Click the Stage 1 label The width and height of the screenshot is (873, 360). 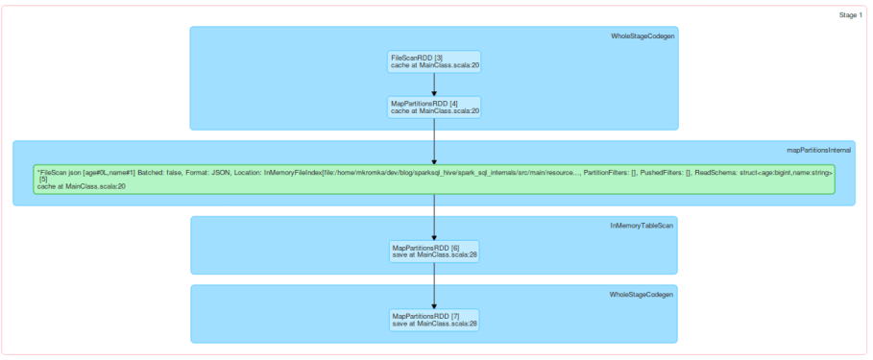tap(850, 15)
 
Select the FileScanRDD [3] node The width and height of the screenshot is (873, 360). tap(434, 61)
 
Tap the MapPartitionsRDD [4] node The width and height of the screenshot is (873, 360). tap(434, 107)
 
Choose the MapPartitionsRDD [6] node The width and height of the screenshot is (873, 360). tap(434, 251)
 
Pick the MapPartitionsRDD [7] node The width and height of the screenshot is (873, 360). tap(434, 320)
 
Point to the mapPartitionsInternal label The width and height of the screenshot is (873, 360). tap(819, 151)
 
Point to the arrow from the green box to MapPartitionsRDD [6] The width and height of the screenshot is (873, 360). tap(435, 216)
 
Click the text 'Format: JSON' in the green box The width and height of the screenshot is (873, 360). tap(210, 170)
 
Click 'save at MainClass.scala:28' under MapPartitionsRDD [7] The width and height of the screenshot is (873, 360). tap(434, 324)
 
